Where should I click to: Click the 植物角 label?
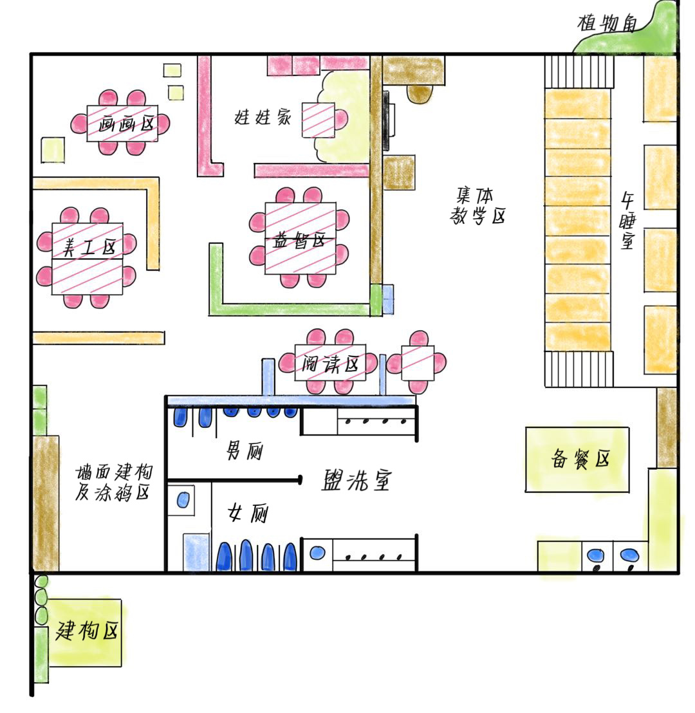click(607, 23)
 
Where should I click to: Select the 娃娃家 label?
click(263, 117)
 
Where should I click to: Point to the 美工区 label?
click(89, 247)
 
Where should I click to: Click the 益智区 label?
click(299, 240)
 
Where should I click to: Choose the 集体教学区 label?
click(477, 205)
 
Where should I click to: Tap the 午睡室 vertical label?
click(627, 221)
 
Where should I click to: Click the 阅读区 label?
click(330, 364)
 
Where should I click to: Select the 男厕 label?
click(245, 451)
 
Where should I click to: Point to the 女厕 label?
click(248, 514)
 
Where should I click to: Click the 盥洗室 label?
click(356, 479)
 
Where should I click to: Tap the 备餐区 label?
click(580, 458)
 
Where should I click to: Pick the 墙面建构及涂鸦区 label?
click(114, 482)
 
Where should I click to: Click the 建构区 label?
click(86, 631)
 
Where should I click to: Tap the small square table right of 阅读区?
click(418, 362)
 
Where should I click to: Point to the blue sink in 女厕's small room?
click(182, 500)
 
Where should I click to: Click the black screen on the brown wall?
click(385, 120)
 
